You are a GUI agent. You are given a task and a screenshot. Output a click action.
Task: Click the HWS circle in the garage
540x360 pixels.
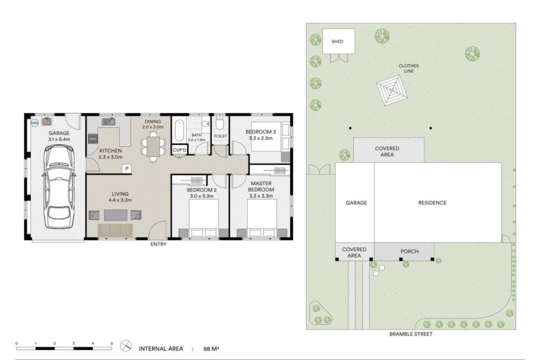point(35,123)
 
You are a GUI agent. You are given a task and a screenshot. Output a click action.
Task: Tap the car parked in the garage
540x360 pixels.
point(59,187)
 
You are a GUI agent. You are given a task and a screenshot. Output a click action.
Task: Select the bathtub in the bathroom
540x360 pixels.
point(179,130)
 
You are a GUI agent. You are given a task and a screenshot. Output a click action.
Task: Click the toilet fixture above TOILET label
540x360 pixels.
point(219,122)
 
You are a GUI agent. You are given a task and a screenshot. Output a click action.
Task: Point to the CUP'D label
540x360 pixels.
point(179,150)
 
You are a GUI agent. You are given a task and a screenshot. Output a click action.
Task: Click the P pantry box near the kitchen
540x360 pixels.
point(127,169)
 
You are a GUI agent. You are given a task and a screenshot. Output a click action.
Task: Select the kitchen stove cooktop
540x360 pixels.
point(93,139)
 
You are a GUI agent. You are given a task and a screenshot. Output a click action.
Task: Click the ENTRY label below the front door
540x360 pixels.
point(158,245)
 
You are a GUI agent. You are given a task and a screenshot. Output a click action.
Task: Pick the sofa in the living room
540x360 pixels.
point(115,230)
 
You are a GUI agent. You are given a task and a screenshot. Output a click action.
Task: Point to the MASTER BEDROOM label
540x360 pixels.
point(261,187)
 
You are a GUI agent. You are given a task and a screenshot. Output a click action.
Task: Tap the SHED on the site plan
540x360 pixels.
point(339,41)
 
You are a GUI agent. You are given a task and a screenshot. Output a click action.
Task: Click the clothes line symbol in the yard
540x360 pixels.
point(392,91)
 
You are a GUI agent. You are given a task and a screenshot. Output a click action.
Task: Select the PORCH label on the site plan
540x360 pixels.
point(409,251)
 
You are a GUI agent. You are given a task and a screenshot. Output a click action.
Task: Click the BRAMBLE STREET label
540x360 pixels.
point(411,334)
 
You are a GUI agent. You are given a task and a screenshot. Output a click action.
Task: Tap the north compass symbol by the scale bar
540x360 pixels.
point(126,346)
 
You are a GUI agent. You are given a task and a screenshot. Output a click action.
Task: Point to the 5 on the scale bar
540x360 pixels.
point(112,344)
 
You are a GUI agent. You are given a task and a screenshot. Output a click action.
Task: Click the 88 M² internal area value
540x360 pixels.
point(211,348)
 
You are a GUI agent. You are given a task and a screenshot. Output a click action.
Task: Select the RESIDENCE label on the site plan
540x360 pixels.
point(432,203)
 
